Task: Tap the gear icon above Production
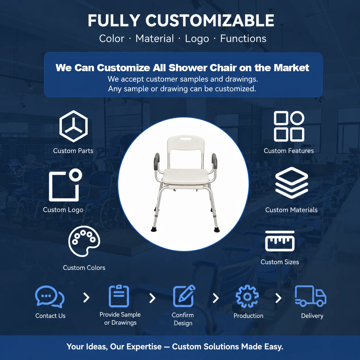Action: tap(241, 297)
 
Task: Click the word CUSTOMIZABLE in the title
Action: tap(210, 20)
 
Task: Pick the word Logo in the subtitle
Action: tap(197, 39)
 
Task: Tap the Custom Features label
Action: tap(289, 151)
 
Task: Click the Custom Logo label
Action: tap(63, 210)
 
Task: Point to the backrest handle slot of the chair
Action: tap(185, 139)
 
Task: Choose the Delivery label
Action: tap(312, 316)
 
